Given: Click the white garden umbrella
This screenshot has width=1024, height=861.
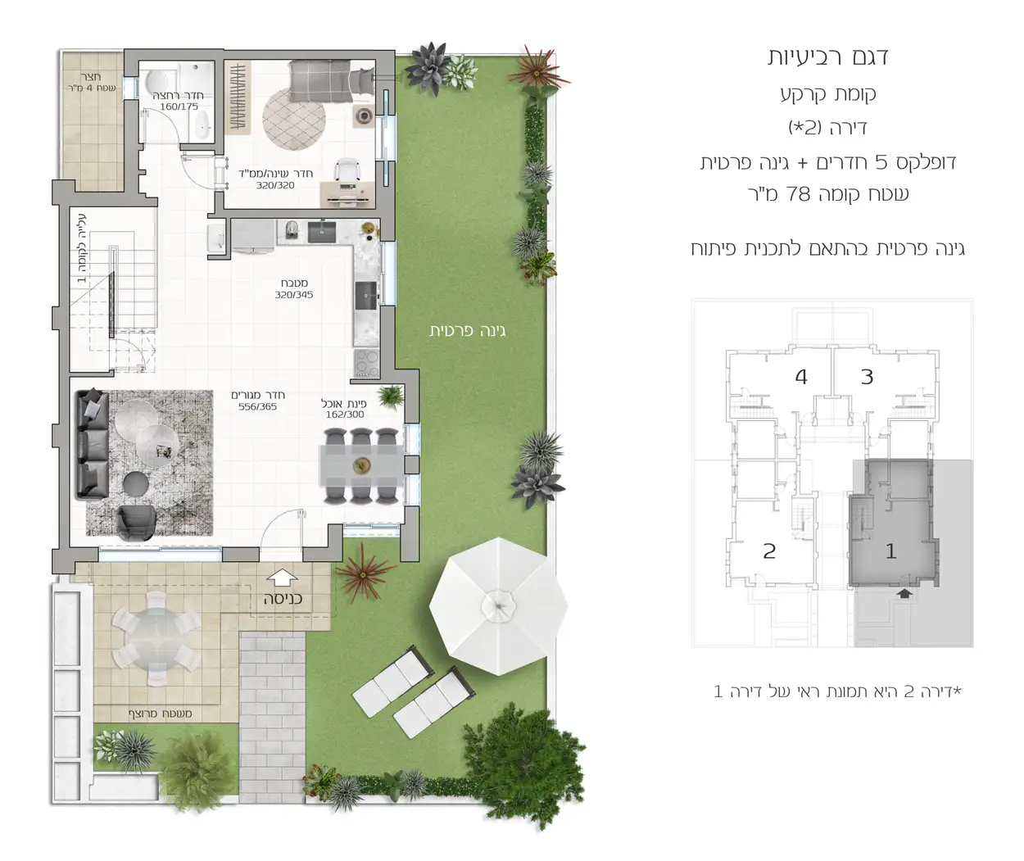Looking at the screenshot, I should [497, 606].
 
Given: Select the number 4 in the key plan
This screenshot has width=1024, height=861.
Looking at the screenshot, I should [801, 377].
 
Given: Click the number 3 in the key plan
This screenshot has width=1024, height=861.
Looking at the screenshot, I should [867, 377].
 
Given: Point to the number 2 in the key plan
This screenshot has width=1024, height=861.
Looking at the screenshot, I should [768, 551].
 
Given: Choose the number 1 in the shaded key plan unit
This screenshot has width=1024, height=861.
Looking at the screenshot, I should [891, 551].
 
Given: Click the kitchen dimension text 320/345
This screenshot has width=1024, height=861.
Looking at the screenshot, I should [293, 295].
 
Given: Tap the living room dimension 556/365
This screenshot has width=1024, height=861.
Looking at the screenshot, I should [257, 406].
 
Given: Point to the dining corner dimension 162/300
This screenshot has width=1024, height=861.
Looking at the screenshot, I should [344, 415].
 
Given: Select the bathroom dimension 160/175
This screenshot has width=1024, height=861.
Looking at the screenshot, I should [179, 106].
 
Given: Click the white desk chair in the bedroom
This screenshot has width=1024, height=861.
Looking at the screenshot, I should [349, 170].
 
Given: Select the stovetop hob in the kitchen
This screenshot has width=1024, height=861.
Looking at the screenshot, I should [366, 360].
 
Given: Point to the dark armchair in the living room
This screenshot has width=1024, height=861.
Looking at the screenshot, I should [135, 522].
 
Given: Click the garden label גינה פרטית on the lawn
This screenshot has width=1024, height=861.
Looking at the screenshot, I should [467, 331].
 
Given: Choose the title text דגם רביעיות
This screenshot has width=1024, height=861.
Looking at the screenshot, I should [827, 57].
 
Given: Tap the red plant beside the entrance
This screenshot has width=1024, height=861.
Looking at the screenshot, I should [360, 571].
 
